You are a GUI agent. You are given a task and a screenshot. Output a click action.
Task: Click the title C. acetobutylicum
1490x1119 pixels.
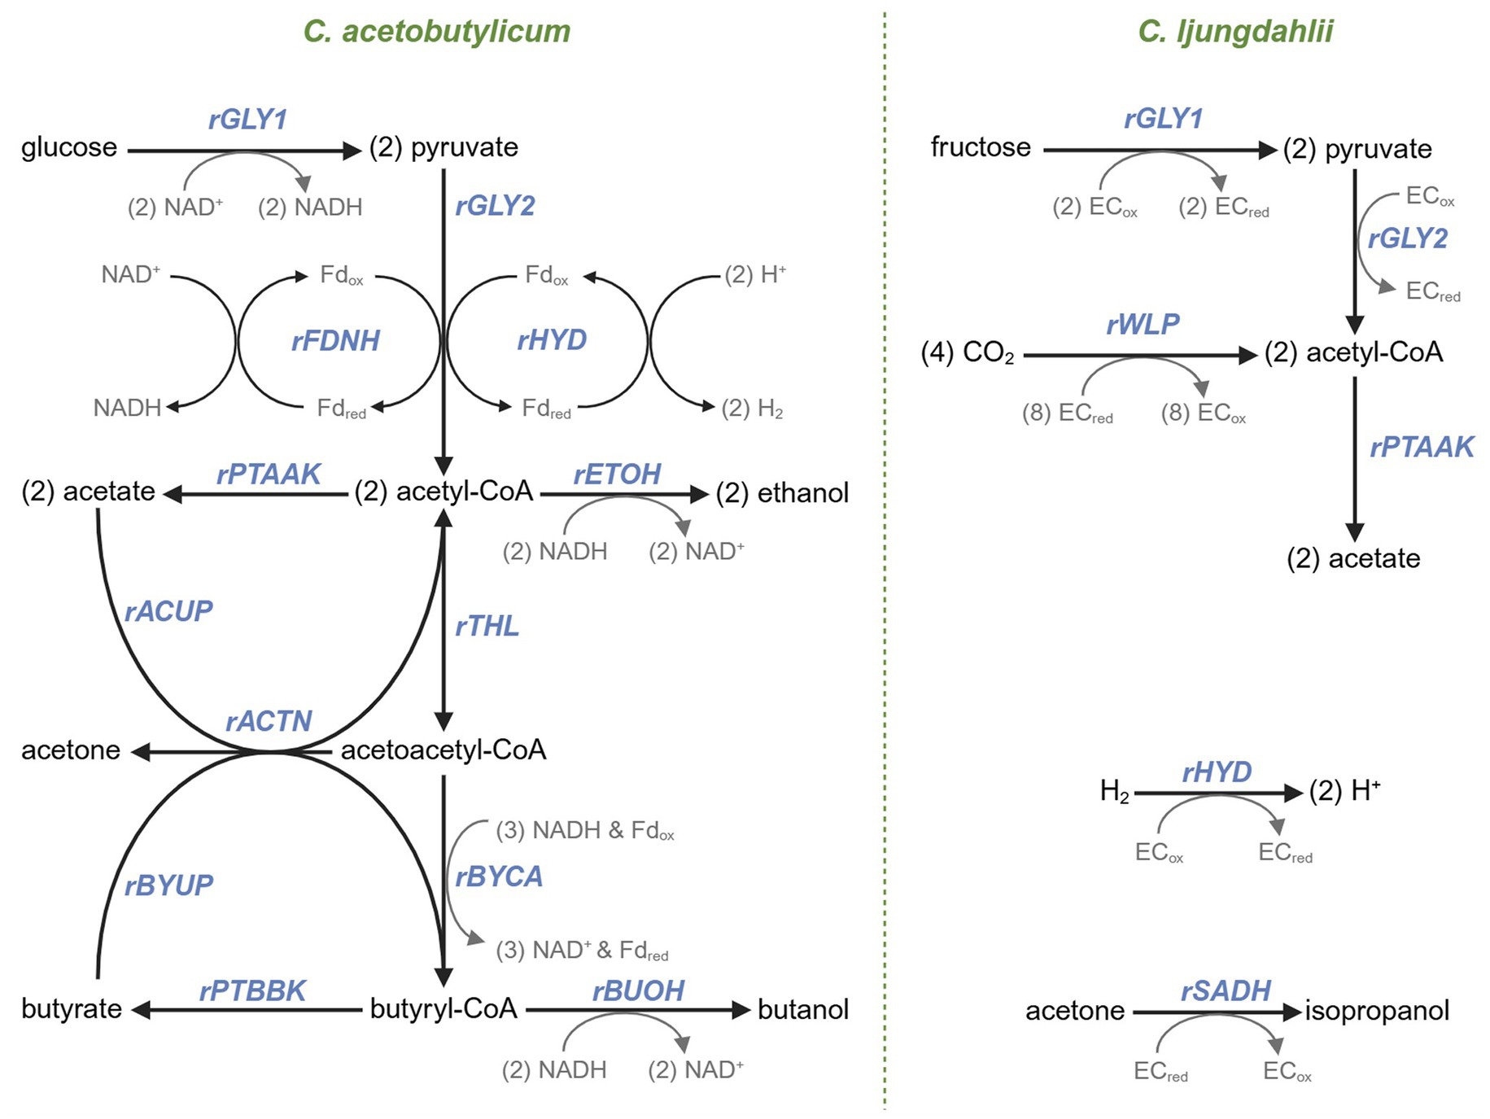pos(437,32)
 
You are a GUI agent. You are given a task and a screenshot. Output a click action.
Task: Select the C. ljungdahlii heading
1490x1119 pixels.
pos(1235,32)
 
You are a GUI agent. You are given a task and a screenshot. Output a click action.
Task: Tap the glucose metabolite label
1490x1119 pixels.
pos(69,147)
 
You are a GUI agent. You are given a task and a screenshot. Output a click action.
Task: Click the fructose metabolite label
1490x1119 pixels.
pos(981,147)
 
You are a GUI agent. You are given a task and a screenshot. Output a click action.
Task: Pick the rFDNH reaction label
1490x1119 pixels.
pos(335,340)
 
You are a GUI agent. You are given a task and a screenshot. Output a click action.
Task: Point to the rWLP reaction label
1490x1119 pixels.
pos(1143,325)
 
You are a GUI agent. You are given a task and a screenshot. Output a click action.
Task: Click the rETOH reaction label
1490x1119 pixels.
pos(617,474)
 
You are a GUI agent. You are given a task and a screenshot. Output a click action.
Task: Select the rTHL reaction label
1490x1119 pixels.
pos(487,626)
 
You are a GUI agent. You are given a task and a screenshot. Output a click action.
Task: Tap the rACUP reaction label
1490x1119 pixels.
pos(168,611)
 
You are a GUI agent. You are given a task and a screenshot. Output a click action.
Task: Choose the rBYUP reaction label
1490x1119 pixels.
pos(168,885)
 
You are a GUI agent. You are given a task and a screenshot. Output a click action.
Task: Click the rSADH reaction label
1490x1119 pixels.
pos(1226,990)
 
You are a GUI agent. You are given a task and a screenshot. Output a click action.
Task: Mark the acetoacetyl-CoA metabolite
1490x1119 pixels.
pos(444,750)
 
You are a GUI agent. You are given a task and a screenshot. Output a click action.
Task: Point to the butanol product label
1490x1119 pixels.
pos(803,1009)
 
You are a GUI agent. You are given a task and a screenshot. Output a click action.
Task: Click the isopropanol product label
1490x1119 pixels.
pos(1377,1010)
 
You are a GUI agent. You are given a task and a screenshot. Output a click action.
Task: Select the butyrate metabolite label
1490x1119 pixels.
pos(72,1009)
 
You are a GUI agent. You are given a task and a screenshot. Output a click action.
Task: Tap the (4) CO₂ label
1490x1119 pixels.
pos(968,353)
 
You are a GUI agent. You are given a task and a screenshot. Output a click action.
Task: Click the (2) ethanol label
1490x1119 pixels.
pos(782,492)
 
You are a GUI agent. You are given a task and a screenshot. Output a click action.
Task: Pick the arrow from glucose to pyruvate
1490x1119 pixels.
pos(244,151)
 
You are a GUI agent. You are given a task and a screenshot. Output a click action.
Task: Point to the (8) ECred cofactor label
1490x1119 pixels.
pos(1067,413)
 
